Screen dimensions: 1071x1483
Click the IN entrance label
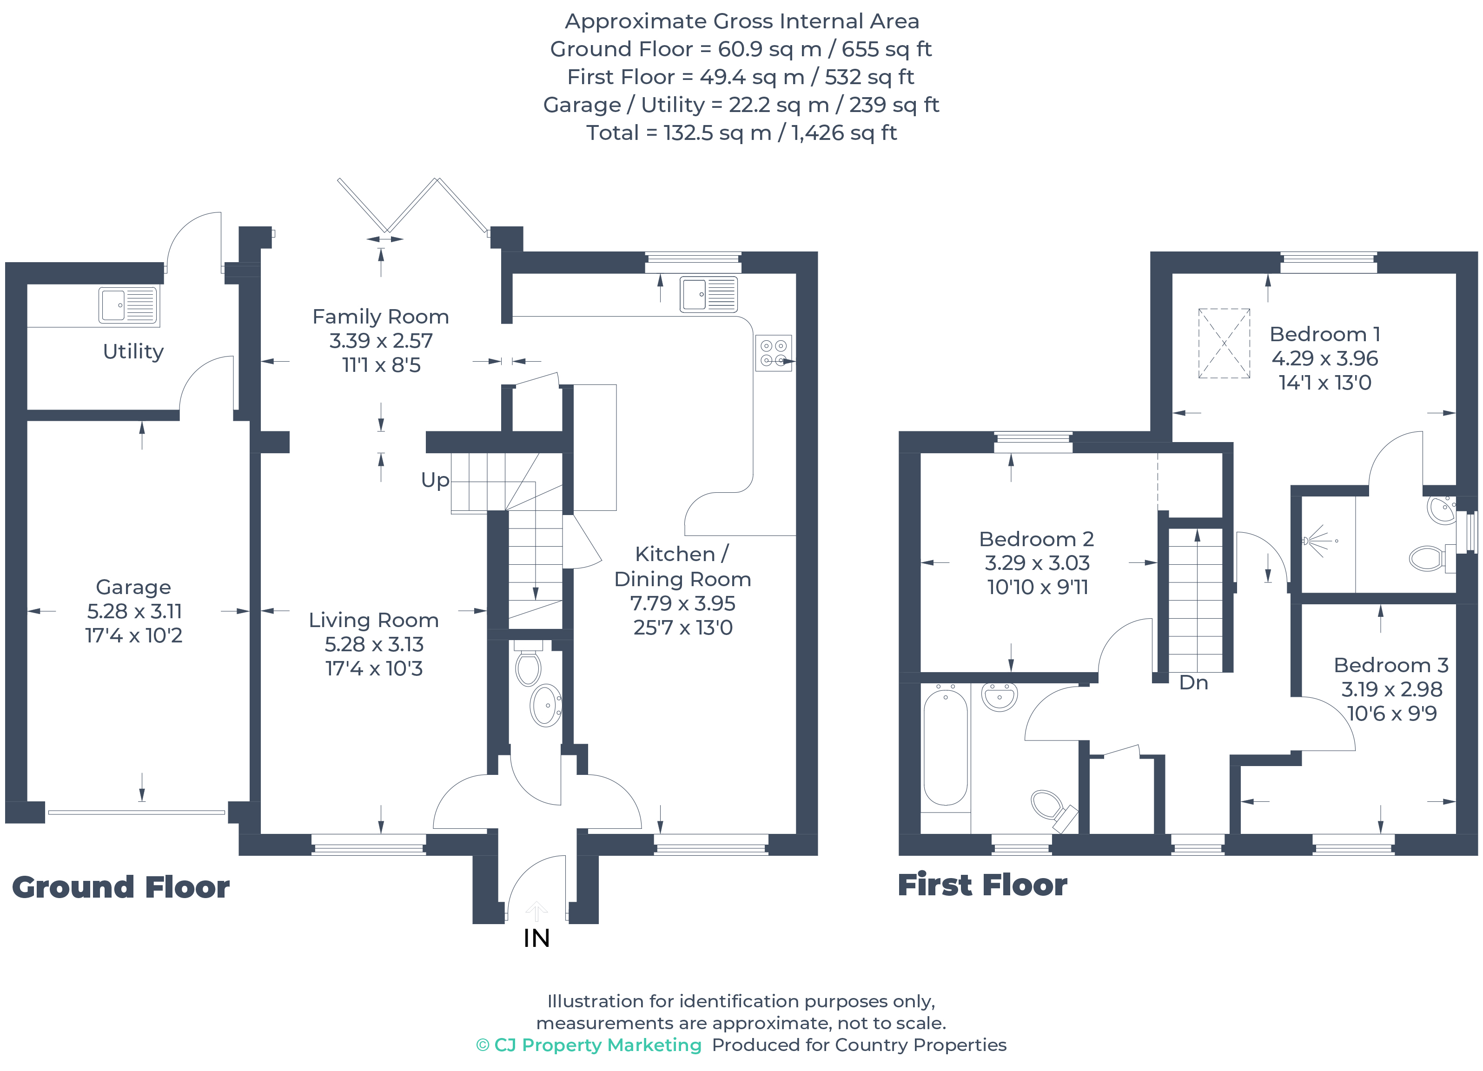[536, 938]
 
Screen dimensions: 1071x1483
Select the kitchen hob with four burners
[774, 353]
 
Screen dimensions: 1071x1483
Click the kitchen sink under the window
[708, 294]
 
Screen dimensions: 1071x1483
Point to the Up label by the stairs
[435, 480]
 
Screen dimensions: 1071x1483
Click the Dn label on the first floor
[1193, 682]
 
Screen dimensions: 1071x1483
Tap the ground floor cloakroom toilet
[528, 667]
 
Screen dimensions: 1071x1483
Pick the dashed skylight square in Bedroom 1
[1224, 343]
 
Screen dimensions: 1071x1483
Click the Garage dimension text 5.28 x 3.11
[134, 611]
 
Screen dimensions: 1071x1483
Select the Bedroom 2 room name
[1036, 539]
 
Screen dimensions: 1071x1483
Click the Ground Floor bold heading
[121, 887]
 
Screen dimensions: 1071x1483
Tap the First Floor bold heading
[982, 885]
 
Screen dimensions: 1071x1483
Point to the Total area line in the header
[741, 133]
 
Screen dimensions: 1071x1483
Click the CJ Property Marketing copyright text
[589, 1045]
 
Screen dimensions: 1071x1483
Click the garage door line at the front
[136, 813]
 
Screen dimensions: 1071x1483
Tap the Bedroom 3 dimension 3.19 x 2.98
[1391, 689]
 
